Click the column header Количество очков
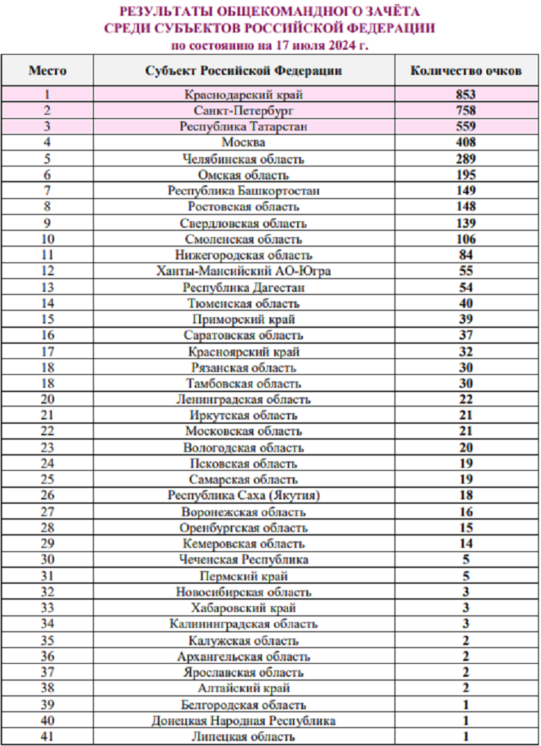(x=466, y=71)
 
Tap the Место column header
(x=48, y=71)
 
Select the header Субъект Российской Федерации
(x=243, y=71)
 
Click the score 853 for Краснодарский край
(x=466, y=94)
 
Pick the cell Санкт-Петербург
(x=243, y=110)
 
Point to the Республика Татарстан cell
(x=243, y=126)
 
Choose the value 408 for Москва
(x=466, y=142)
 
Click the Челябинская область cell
(x=243, y=159)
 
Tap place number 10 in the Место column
(x=48, y=239)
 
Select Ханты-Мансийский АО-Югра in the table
(x=243, y=271)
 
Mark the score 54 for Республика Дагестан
(x=466, y=288)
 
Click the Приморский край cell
(x=243, y=319)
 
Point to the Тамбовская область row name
(x=243, y=383)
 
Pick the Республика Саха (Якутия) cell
(x=243, y=496)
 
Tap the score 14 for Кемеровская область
(x=466, y=544)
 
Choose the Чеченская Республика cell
(x=243, y=560)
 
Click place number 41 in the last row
(x=48, y=737)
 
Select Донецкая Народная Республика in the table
(x=243, y=721)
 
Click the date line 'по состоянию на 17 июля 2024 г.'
(x=269, y=45)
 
